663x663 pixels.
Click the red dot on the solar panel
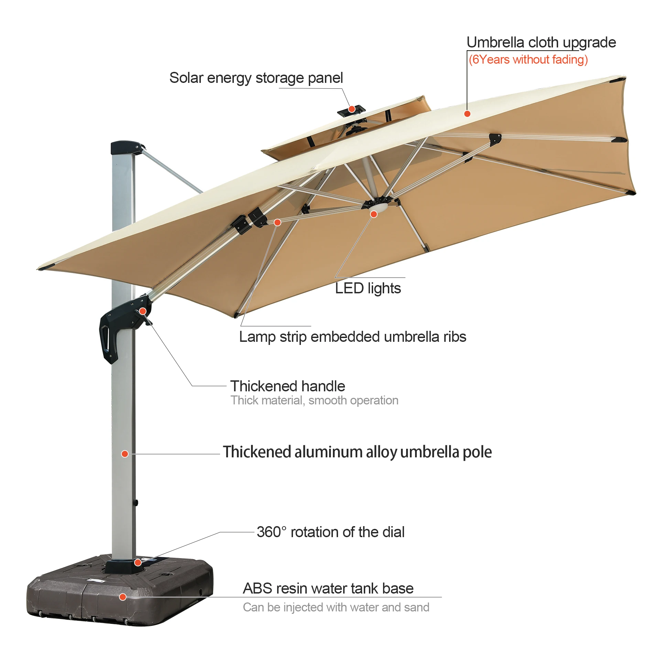click(351, 109)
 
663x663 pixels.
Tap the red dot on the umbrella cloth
click(467, 114)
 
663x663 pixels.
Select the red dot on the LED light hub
click(374, 214)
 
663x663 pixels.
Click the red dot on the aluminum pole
click(125, 454)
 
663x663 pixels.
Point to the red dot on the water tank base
click(122, 597)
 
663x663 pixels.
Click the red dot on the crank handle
click(143, 311)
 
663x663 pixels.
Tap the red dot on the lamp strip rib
click(278, 222)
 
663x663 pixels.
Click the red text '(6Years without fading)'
click(528, 60)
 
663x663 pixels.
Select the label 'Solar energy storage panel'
click(256, 78)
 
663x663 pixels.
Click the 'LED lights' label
click(368, 289)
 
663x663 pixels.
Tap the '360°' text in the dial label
click(271, 532)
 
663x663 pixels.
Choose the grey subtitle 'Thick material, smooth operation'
click(314, 401)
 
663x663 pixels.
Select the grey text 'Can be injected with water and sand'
click(336, 607)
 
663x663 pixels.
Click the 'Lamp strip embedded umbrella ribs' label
click(352, 337)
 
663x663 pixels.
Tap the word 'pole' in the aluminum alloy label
click(477, 452)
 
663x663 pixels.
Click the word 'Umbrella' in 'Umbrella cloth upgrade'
click(495, 43)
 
